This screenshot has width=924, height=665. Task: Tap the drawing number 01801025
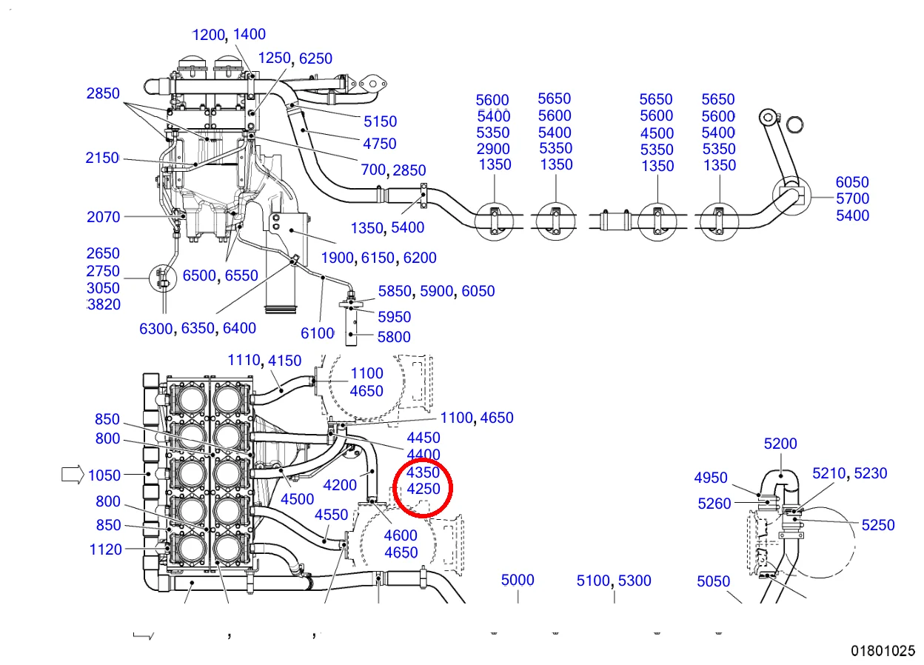coord(883,651)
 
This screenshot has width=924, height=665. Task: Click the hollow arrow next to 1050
coord(73,475)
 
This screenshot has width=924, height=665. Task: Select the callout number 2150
coord(102,158)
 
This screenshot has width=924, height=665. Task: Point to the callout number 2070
coord(103,217)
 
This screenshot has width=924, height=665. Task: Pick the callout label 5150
coord(380,121)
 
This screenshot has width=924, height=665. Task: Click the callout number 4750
coord(380,144)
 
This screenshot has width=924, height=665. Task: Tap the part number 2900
coord(493,149)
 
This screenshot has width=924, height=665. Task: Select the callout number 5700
coord(852,199)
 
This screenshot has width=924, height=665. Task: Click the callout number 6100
coord(317,333)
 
